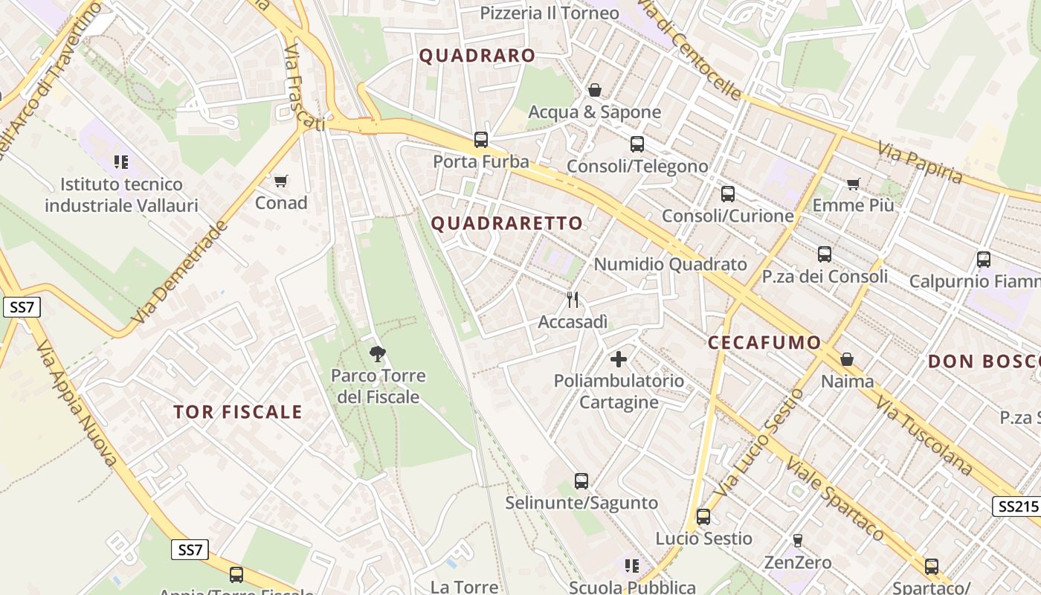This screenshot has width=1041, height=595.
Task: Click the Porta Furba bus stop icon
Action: coord(481,139)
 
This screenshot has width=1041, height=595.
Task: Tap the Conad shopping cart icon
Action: coord(280,181)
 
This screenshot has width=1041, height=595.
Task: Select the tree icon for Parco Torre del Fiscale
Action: coord(378,353)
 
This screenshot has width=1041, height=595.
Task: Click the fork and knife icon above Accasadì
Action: coord(573,300)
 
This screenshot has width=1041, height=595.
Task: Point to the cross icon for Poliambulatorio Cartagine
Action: coord(618,359)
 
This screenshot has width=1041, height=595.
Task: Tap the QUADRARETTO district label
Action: coord(507,223)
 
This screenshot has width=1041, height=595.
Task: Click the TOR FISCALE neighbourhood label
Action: coord(238,412)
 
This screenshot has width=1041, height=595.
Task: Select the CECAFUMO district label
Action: coord(764,343)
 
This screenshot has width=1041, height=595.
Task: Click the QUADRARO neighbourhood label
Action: coord(477,56)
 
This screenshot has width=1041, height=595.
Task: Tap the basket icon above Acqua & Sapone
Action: coord(595,90)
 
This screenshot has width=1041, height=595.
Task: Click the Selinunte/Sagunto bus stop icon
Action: coord(581,481)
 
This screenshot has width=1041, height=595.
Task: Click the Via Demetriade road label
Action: coord(178,272)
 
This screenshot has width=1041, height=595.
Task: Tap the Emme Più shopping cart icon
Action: coord(854,183)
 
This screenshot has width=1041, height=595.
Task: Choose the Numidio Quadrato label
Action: coord(670,264)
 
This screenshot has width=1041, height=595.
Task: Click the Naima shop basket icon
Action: coord(847,360)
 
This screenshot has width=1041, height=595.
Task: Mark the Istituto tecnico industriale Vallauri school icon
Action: coord(121,161)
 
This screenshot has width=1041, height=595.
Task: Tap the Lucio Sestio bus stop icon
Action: coord(703,516)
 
